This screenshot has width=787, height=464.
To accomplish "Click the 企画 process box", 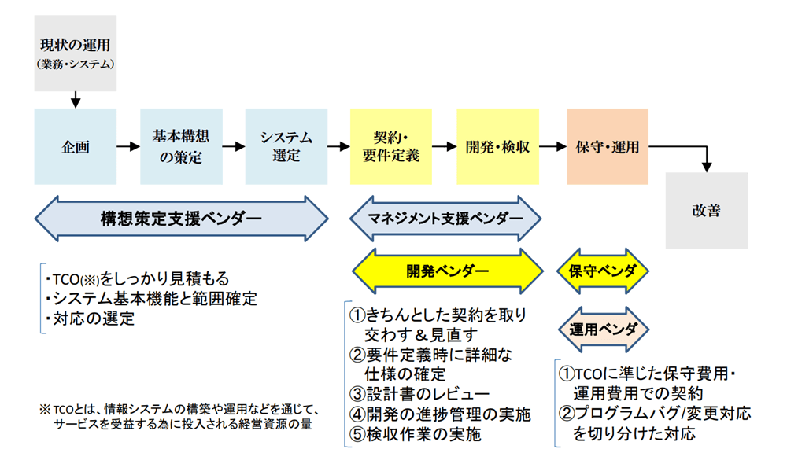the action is click(x=76, y=146).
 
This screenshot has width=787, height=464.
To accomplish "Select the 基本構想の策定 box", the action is click(x=181, y=146).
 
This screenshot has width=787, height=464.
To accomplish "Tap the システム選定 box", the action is click(x=286, y=146).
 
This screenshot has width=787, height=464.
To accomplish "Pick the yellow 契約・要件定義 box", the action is click(x=391, y=146).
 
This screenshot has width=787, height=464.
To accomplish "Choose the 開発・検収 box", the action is click(x=498, y=146).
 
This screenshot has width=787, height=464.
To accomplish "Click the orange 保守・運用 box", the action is click(x=608, y=146).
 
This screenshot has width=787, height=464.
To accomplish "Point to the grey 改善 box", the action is click(x=707, y=210).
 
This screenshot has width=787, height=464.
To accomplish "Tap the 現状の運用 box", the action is click(x=76, y=53).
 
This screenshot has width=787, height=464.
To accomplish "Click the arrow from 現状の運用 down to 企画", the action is click(x=76, y=99).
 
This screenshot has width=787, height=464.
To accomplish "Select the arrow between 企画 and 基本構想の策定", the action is click(x=128, y=146).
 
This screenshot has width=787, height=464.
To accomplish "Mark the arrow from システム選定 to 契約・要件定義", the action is click(x=338, y=146).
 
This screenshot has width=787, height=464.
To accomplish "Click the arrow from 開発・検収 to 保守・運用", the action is click(x=552, y=146).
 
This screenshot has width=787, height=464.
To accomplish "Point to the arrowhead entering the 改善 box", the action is click(x=707, y=167).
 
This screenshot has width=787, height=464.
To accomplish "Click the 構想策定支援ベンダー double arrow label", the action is click(x=181, y=219).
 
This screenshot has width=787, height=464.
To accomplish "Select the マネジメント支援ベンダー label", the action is click(x=445, y=219).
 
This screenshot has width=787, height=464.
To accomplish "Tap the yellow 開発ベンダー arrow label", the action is click(x=448, y=271).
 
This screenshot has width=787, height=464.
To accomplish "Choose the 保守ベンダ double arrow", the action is click(x=603, y=271).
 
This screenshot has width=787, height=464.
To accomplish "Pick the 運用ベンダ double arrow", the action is click(x=604, y=330).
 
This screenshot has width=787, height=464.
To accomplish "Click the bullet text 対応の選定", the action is click(x=90, y=319).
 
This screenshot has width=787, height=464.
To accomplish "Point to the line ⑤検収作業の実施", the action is click(x=415, y=434).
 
